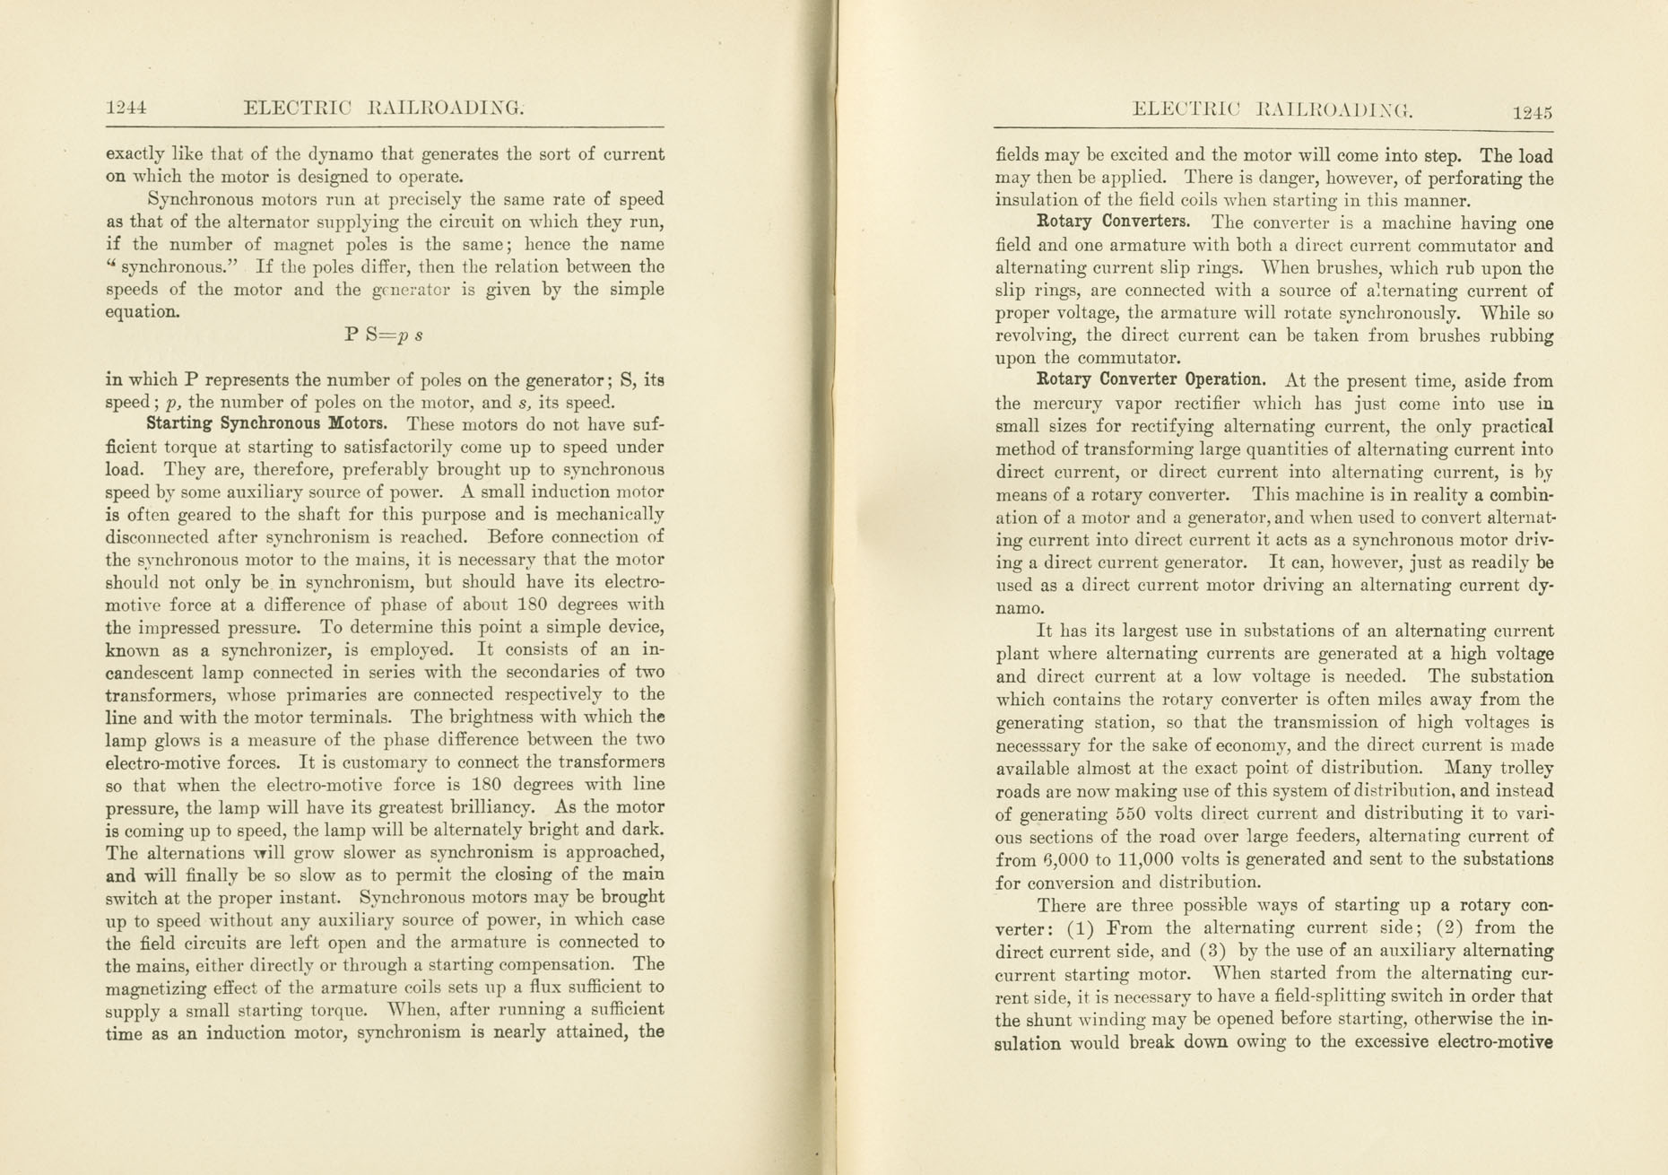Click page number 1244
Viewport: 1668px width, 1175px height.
coord(126,109)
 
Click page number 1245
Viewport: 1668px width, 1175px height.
coord(1532,113)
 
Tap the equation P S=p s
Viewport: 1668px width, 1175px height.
coord(383,335)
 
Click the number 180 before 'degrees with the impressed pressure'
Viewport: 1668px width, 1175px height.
coord(540,605)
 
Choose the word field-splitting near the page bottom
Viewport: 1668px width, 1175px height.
coord(1263,997)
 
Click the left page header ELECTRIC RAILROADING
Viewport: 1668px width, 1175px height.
coord(383,109)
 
